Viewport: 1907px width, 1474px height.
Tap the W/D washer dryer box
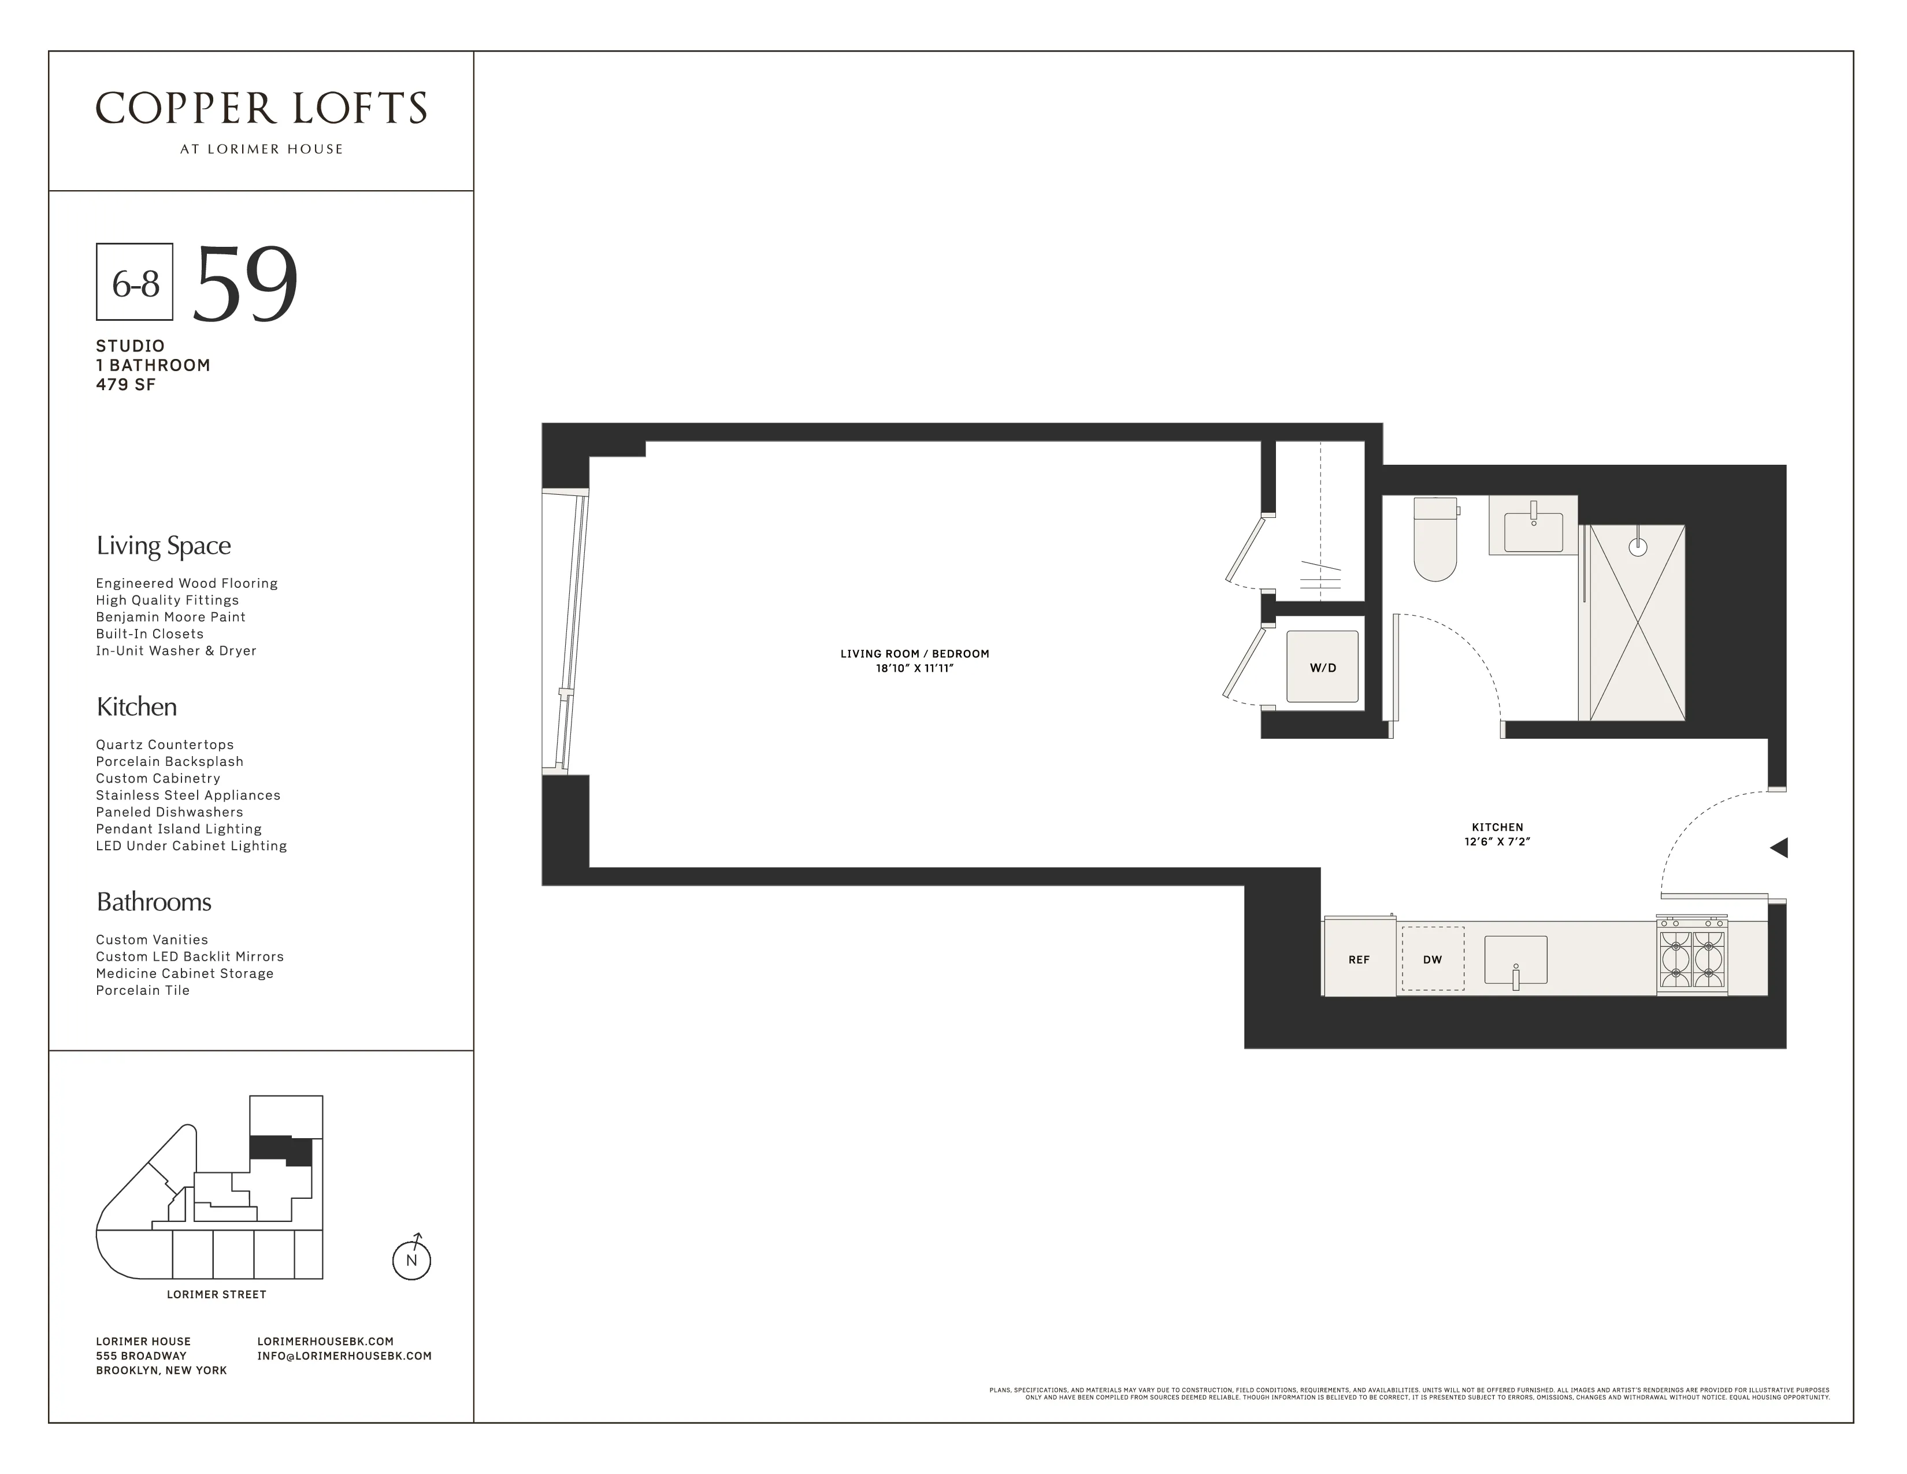[x=1322, y=667]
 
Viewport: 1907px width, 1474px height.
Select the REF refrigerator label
[x=1359, y=960]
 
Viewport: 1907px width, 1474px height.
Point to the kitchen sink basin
[x=1516, y=959]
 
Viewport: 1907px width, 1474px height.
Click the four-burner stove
[x=1692, y=957]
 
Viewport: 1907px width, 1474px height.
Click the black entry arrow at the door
[x=1779, y=847]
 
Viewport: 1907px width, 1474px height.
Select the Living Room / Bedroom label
[x=914, y=653]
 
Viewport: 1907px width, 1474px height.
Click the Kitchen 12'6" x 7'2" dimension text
[x=1497, y=842]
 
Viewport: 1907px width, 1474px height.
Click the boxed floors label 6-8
[x=135, y=283]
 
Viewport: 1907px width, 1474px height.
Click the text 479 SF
[x=126, y=385]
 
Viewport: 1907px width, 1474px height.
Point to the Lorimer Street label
[x=217, y=1294]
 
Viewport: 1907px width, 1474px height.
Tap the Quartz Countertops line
[x=165, y=745]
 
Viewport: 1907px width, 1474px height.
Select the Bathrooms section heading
[x=154, y=902]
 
